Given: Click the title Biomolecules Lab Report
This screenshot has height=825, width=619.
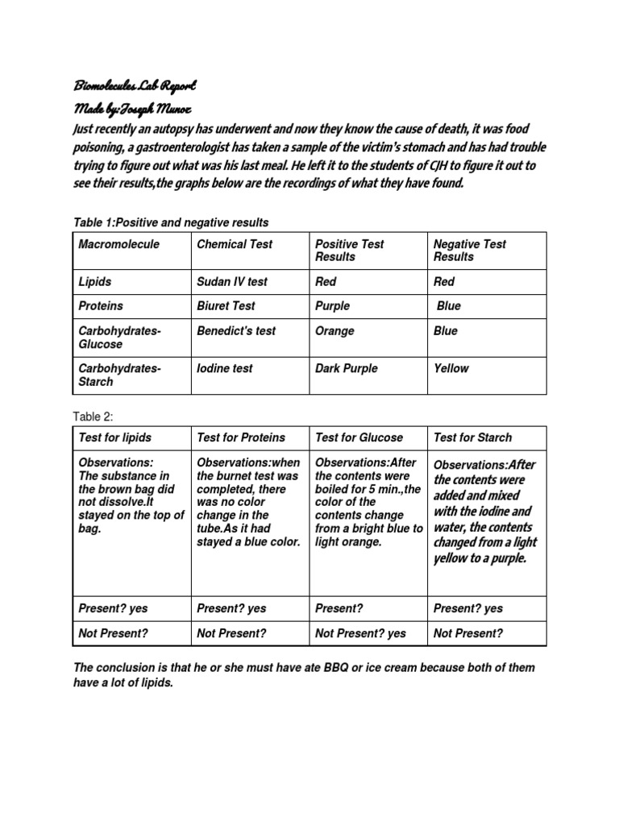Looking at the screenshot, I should pos(135,85).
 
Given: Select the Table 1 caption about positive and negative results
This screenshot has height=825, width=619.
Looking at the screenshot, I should pos(171,222).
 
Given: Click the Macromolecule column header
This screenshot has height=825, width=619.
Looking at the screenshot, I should pos(118,244).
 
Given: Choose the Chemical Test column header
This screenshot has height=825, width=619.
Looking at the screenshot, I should pos(235,244).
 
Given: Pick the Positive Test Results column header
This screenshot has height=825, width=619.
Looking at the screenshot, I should pos(349,251).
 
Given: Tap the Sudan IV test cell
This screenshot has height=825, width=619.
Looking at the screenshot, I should pos(232,282).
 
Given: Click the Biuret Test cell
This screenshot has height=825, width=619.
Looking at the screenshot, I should pos(226,306).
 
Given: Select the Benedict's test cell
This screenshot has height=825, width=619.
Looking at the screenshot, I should pos(236,331).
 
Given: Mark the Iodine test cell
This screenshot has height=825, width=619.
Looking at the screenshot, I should pos(225,368).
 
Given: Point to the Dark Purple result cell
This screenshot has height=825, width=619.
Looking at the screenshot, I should pos(346,368).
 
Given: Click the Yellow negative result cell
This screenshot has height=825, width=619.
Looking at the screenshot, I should pos(451,368).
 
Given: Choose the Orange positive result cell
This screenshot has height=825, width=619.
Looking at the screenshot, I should pos(334,331).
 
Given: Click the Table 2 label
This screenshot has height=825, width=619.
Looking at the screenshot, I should pos(93,417).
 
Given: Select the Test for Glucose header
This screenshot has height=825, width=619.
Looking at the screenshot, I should pos(359,437).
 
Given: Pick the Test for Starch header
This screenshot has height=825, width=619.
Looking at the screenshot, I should pos(472,437).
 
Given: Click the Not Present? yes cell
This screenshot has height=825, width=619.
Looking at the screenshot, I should pos(360,634).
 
